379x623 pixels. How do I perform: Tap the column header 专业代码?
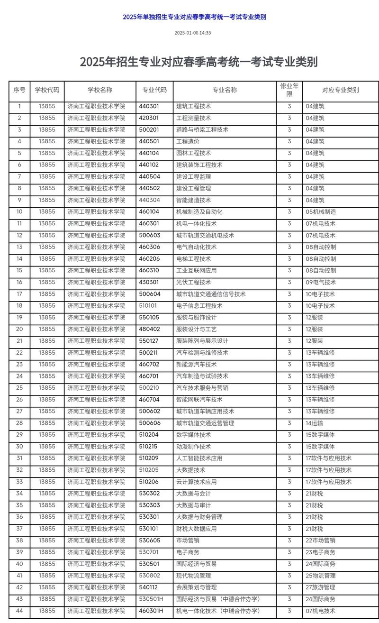click(x=154, y=90)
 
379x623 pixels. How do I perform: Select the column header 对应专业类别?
click(x=340, y=90)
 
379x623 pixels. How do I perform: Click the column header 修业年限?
click(x=289, y=90)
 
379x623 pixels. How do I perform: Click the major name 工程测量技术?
click(x=193, y=118)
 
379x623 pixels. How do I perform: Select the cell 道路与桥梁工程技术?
click(x=202, y=129)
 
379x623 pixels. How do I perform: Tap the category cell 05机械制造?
click(x=321, y=212)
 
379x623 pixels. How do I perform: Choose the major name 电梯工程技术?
click(x=193, y=259)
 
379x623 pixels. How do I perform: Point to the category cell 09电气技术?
click(x=321, y=282)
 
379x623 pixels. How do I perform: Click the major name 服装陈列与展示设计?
click(x=202, y=341)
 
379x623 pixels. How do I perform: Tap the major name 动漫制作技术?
click(x=193, y=447)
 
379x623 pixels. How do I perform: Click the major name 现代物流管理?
click(x=193, y=576)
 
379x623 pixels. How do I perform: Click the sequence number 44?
click(x=19, y=611)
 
